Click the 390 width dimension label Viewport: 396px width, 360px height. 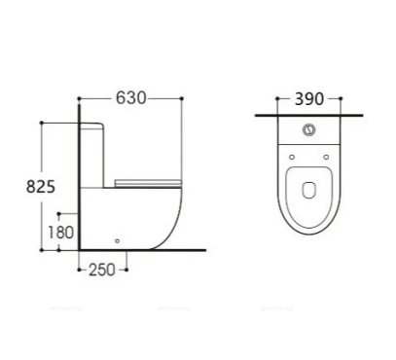pos(308,100)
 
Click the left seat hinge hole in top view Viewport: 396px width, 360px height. pos(292,156)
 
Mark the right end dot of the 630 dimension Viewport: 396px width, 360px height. pos(182,99)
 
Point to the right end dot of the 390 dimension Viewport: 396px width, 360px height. pos(342,100)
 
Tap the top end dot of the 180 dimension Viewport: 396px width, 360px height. pos(59,212)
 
